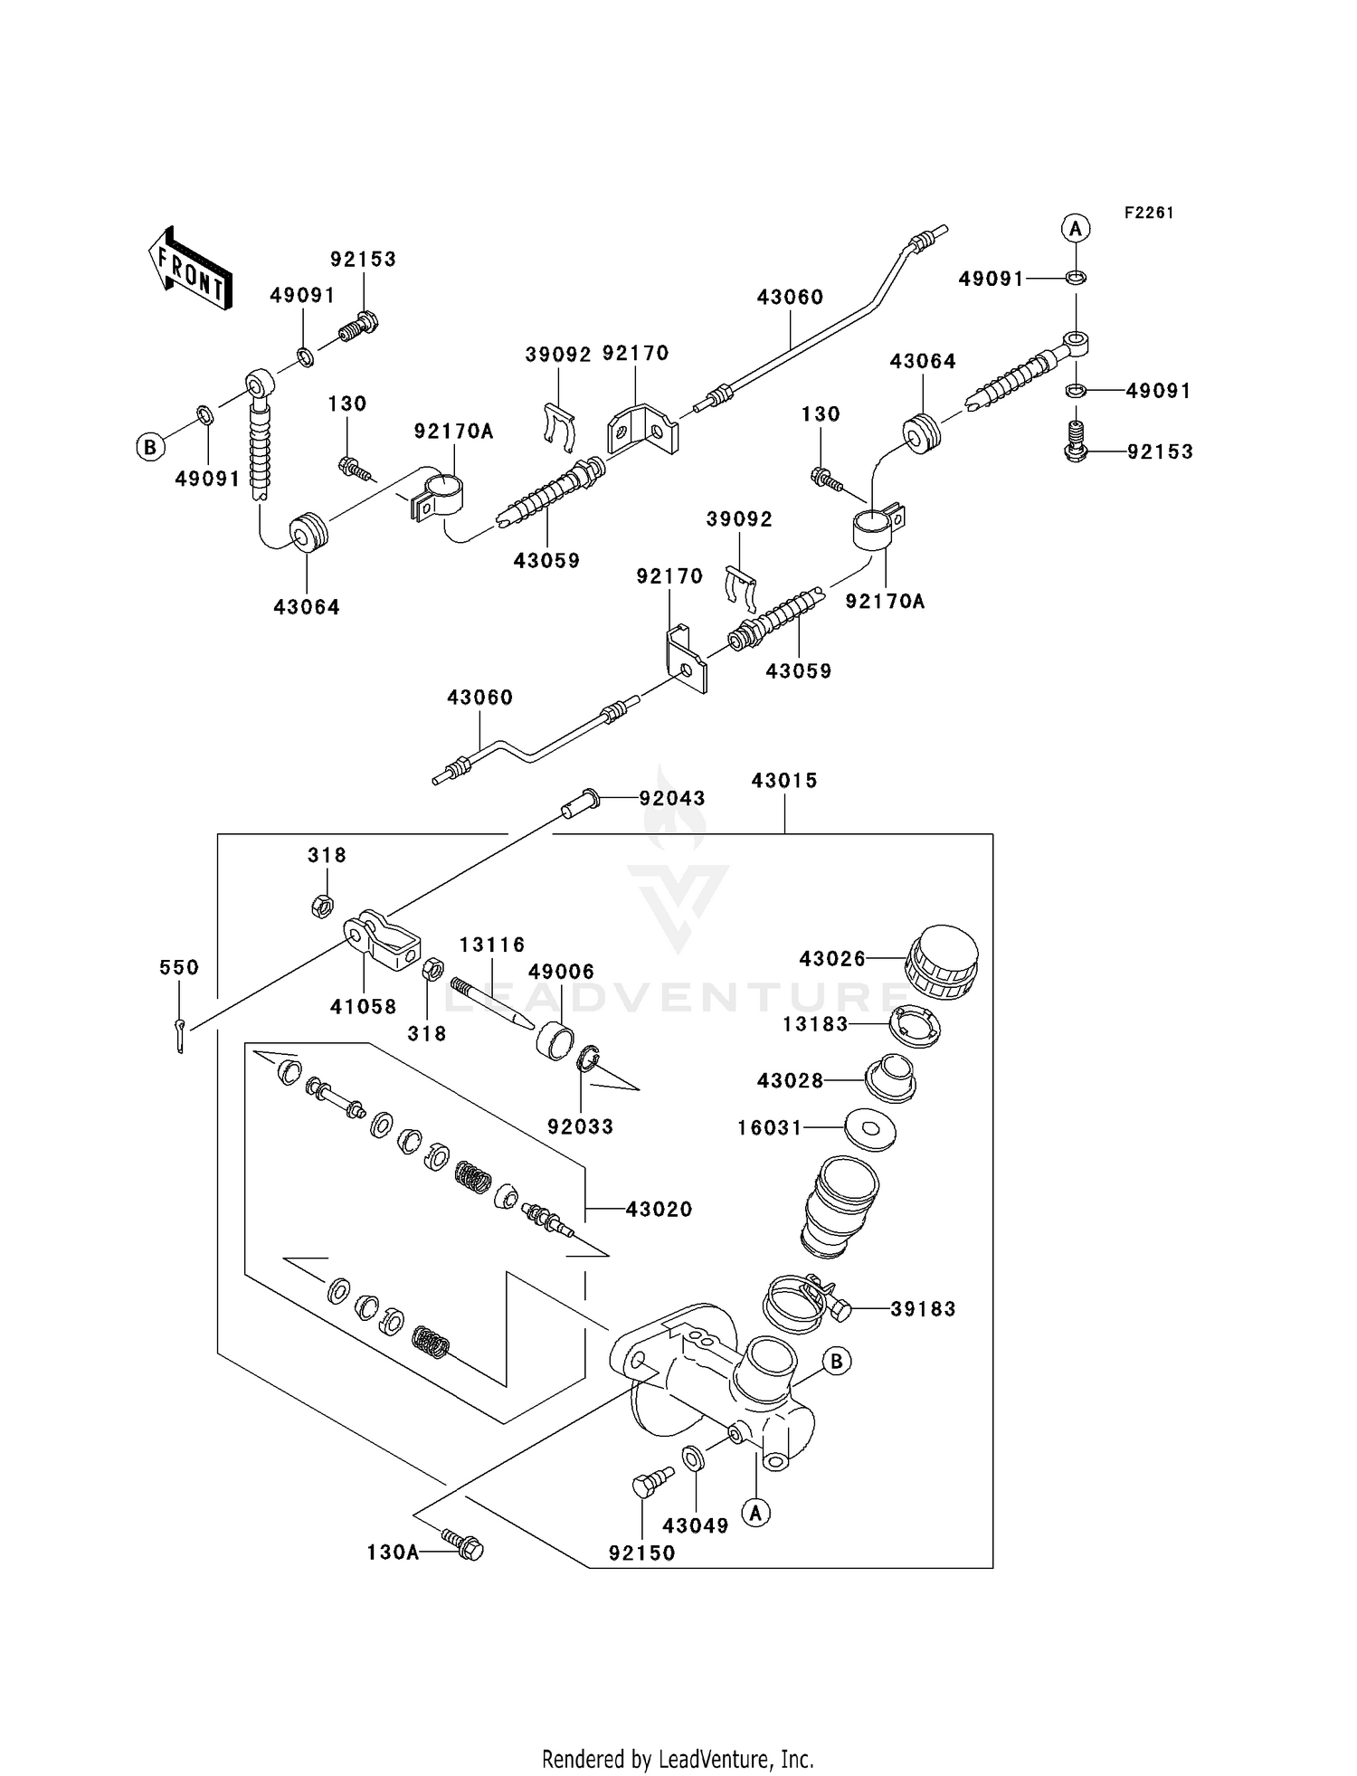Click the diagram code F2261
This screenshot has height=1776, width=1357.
pyautogui.click(x=1149, y=213)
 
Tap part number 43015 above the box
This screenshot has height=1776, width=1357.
pyautogui.click(x=784, y=781)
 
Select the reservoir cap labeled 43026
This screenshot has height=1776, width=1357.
pyautogui.click(x=943, y=962)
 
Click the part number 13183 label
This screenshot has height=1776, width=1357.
pyautogui.click(x=815, y=1024)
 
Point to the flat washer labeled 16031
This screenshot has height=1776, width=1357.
pyautogui.click(x=870, y=1128)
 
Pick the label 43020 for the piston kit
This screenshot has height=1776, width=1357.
pyautogui.click(x=659, y=1210)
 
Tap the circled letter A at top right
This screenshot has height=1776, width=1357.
pyautogui.click(x=1075, y=229)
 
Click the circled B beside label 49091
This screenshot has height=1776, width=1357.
pyautogui.click(x=150, y=447)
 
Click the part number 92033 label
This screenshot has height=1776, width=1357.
pyautogui.click(x=580, y=1126)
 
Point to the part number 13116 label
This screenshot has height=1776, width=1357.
pyautogui.click(x=492, y=945)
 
